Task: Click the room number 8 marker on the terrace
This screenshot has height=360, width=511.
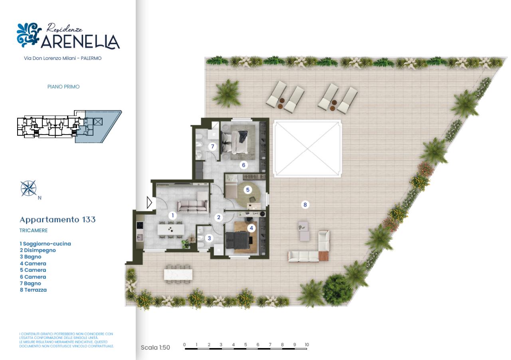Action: (305, 205)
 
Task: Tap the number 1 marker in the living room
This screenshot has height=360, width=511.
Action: (172, 216)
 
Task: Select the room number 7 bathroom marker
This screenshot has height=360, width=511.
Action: (212, 146)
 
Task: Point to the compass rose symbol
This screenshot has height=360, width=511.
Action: (28, 188)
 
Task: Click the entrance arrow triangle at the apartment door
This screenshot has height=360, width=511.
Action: (149, 203)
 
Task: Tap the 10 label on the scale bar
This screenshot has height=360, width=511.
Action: (307, 345)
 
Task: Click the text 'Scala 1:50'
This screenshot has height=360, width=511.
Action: (155, 348)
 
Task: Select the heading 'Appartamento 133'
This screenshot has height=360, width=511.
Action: (57, 220)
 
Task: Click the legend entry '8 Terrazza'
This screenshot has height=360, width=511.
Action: (33, 290)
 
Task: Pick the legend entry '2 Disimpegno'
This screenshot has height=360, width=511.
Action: (38, 250)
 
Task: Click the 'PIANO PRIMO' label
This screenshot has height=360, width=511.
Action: (63, 87)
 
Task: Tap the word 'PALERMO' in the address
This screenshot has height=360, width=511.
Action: (91, 58)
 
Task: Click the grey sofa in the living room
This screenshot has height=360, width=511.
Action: (193, 206)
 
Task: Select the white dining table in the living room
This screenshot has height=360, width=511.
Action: (170, 229)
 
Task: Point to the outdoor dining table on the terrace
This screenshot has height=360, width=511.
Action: (178, 275)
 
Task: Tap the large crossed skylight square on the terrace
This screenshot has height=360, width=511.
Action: (307, 149)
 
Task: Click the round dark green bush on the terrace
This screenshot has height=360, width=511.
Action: (337, 289)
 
